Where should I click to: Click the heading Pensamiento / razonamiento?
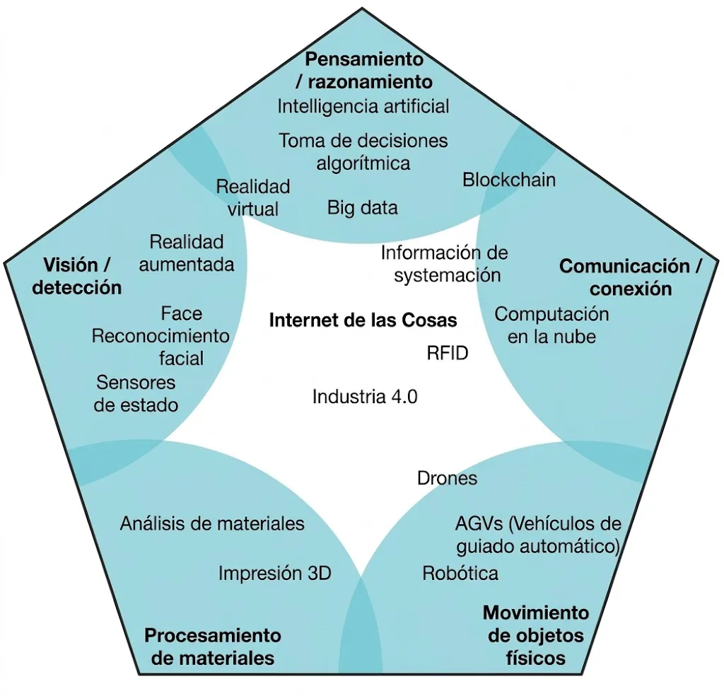click(x=364, y=69)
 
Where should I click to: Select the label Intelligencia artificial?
click(x=363, y=106)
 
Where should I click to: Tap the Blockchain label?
click(x=509, y=180)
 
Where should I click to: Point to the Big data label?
click(x=363, y=207)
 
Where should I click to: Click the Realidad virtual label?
click(x=253, y=197)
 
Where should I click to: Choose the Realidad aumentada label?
click(x=187, y=253)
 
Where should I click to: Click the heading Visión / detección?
click(x=77, y=276)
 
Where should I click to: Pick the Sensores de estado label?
click(x=136, y=394)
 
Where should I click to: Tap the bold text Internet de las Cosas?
click(x=363, y=320)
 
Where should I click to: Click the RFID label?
click(x=448, y=353)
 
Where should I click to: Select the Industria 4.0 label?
click(x=365, y=396)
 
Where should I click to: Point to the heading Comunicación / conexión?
click(x=631, y=277)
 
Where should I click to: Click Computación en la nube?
click(x=551, y=325)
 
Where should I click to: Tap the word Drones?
click(x=448, y=478)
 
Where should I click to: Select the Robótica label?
click(x=460, y=573)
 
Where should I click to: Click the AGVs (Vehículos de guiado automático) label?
click(x=537, y=535)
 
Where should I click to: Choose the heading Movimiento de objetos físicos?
click(x=536, y=634)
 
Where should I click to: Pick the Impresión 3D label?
click(x=274, y=573)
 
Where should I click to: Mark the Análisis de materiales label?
click(x=212, y=523)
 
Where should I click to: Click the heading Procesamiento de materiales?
click(x=213, y=646)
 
